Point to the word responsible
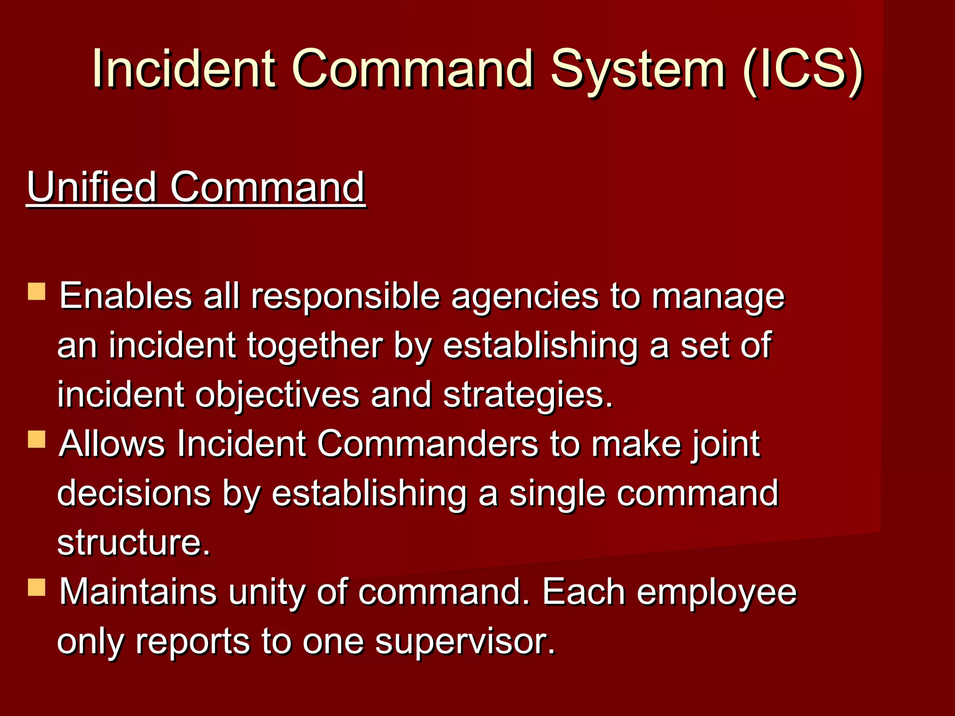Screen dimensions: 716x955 click(x=345, y=296)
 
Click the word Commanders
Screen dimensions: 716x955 click(x=428, y=444)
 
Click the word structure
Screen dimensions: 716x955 click(x=133, y=542)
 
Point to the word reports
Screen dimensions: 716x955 click(x=193, y=642)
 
